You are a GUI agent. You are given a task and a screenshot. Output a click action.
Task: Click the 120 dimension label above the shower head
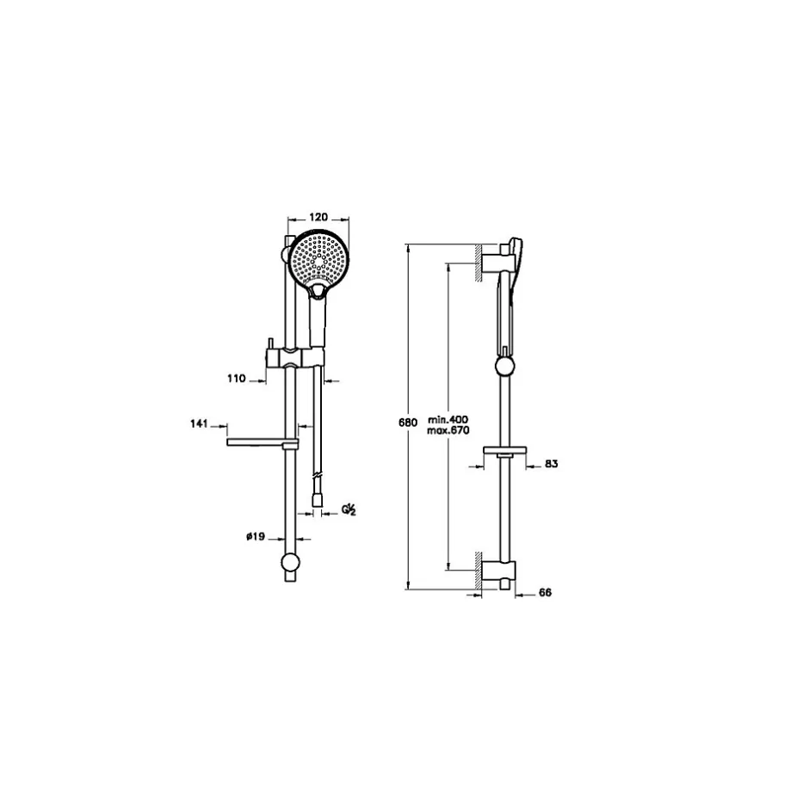pos(318,217)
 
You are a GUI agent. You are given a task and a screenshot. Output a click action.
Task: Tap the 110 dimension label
pos(237,379)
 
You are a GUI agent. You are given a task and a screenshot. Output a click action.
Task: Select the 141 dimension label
pos(199,424)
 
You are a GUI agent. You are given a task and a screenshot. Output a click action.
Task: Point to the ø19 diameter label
pos(256,536)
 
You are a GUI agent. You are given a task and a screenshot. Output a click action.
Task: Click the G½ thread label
pos(349,510)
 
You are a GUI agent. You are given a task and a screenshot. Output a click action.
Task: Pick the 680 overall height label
pos(408,423)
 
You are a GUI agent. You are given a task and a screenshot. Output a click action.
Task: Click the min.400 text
pos(448,419)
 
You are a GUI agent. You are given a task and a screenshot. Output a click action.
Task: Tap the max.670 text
pos(448,430)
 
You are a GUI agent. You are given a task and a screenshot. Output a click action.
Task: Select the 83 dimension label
pos(551,464)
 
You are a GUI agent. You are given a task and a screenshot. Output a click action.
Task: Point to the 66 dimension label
pos(545,593)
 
